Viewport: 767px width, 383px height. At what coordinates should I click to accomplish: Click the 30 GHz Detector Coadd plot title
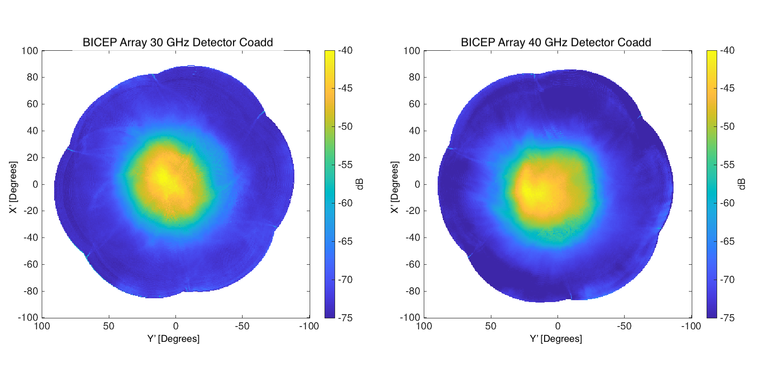pos(177,42)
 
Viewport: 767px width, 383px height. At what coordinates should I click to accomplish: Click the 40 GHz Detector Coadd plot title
pos(556,42)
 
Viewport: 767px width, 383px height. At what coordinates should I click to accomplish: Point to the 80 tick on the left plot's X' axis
pos(32,77)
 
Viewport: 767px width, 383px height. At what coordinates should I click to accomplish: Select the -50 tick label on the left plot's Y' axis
pos(242,326)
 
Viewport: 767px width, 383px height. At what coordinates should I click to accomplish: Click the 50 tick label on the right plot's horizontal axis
pos(490,326)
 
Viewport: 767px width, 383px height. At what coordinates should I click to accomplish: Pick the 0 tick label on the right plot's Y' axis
pos(558,326)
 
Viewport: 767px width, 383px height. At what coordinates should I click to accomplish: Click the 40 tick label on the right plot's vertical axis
pos(414,131)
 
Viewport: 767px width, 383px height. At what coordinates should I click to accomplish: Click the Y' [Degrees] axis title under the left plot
pos(173,338)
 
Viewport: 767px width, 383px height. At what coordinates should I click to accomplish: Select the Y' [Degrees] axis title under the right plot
pos(556,338)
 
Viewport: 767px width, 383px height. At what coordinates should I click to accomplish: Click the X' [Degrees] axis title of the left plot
pos(13,187)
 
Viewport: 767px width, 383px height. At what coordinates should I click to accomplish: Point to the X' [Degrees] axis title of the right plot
pos(395,187)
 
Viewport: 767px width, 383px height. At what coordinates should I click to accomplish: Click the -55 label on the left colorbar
pos(345,165)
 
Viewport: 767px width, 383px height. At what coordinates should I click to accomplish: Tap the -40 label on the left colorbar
pos(345,50)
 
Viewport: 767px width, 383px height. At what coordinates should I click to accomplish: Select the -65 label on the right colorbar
pos(727,241)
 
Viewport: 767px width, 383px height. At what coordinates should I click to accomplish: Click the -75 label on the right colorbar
pos(727,317)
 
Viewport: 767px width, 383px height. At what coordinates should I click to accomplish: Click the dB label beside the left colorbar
pos(360,184)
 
